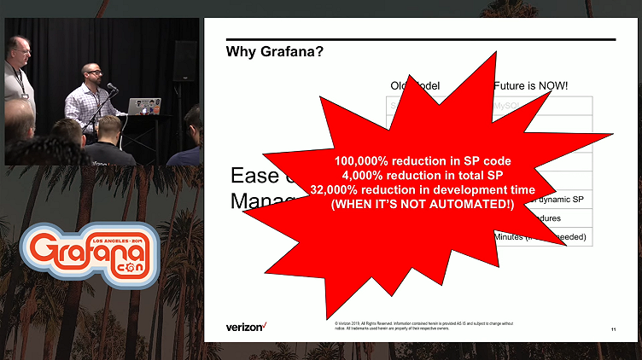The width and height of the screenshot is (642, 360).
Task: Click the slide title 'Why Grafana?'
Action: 274,52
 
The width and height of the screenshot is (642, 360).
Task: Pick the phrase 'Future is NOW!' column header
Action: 532,86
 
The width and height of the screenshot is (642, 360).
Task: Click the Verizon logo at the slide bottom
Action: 247,327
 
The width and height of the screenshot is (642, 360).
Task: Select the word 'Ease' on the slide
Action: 254,176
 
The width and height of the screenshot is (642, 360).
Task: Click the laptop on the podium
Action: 144,106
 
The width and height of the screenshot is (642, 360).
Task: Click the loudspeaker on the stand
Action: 185,59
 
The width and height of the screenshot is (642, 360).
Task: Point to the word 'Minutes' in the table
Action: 510,236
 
